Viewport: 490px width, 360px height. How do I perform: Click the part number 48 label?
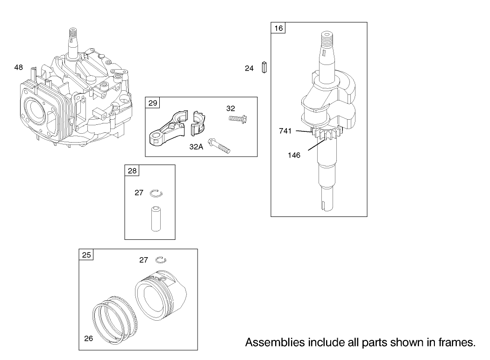pos(19,67)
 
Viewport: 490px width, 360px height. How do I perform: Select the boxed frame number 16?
pos(278,29)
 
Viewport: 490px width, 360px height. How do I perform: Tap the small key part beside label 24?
pos(264,67)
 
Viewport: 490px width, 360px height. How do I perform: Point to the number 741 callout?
pos(286,131)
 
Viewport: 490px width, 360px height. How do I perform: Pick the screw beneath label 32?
pos(238,118)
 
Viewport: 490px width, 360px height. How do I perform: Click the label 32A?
pos(196,147)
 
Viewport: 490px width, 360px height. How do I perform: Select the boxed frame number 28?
pos(133,171)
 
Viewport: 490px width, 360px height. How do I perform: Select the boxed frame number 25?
pos(86,255)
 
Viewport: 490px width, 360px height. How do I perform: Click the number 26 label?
pos(88,338)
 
